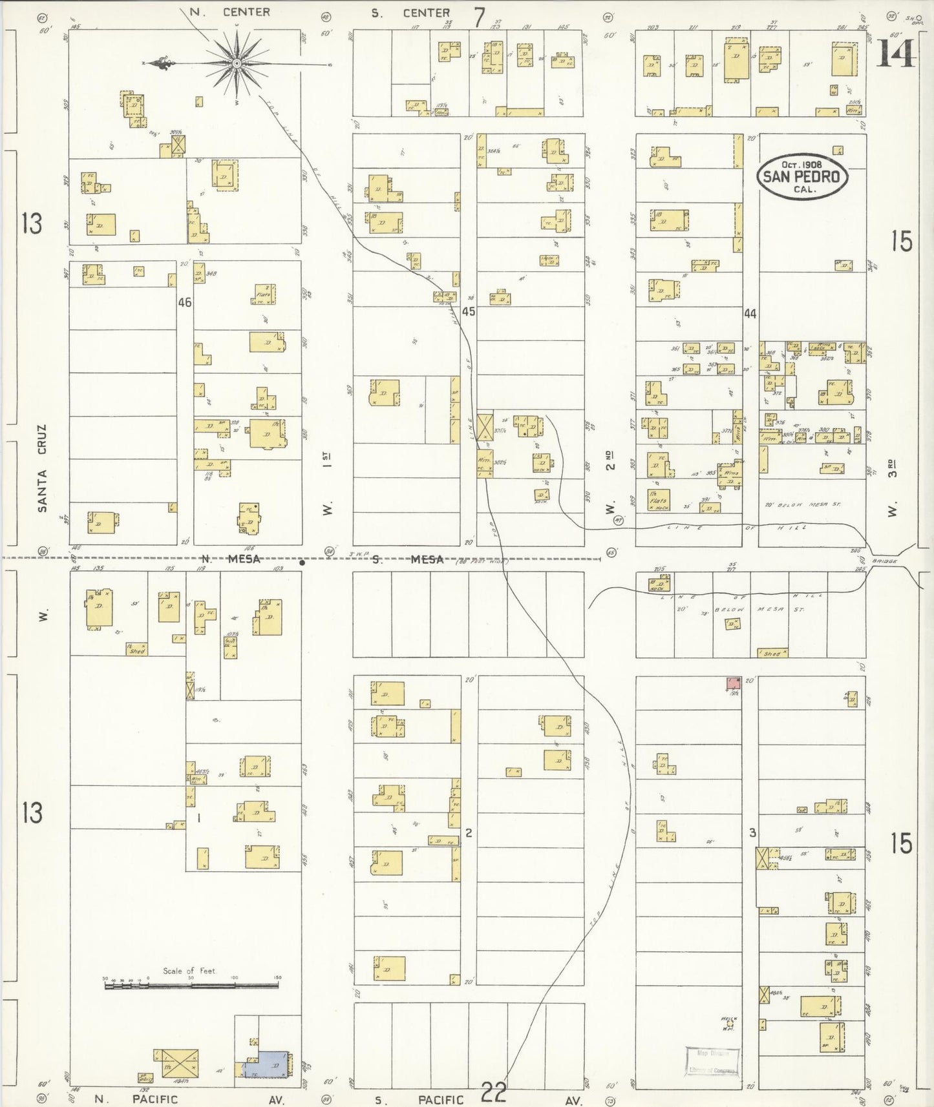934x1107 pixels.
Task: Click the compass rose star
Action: click(x=237, y=63)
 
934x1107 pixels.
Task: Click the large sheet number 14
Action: click(x=896, y=53)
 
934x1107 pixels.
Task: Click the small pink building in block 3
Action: click(x=733, y=683)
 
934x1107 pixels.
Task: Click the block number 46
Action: click(x=185, y=302)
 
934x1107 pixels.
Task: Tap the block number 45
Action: click(x=469, y=311)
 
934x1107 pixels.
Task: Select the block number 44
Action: click(x=750, y=314)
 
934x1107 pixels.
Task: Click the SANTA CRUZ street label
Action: click(x=43, y=468)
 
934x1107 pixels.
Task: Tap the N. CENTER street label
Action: click(x=229, y=12)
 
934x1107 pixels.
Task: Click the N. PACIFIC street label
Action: click(x=136, y=1099)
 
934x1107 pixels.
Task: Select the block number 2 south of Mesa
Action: click(x=469, y=833)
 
